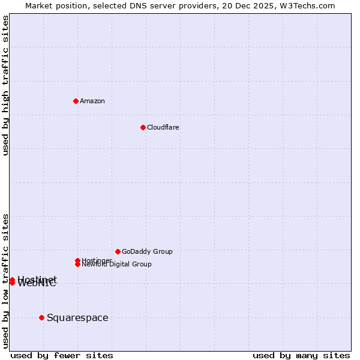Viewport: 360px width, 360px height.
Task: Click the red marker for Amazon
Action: pyautogui.click(x=76, y=101)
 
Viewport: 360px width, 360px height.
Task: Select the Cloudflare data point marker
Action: pyautogui.click(x=143, y=127)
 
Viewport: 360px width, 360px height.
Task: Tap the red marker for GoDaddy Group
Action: pyautogui.click(x=118, y=251)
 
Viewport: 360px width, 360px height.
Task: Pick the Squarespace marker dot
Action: pyautogui.click(x=41, y=317)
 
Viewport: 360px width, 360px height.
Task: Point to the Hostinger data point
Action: pyautogui.click(x=77, y=260)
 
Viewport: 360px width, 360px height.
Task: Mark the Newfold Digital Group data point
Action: pyautogui.click(x=77, y=264)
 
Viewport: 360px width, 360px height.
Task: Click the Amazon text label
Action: pyautogui.click(x=92, y=101)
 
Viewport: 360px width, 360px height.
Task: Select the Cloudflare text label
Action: pyautogui.click(x=163, y=127)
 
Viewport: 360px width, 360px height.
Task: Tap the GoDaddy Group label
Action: pyautogui.click(x=147, y=251)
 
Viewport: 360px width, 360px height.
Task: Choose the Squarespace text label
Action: pyautogui.click(x=77, y=318)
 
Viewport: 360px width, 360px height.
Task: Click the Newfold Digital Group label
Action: pyautogui.click(x=117, y=265)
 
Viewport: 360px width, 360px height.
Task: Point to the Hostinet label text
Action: pyautogui.click(x=37, y=279)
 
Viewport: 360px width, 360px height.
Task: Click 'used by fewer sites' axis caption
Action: pyautogui.click(x=62, y=356)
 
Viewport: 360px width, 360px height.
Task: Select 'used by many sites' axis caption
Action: pyautogui.click(x=301, y=356)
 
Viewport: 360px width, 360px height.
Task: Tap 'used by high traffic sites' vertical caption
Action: pyautogui.click(x=5, y=85)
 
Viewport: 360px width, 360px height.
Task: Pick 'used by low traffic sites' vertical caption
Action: pyautogui.click(x=5, y=280)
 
